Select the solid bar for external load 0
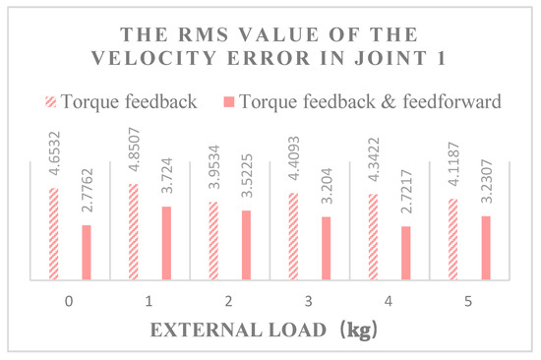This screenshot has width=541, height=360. pyautogui.click(x=86, y=253)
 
